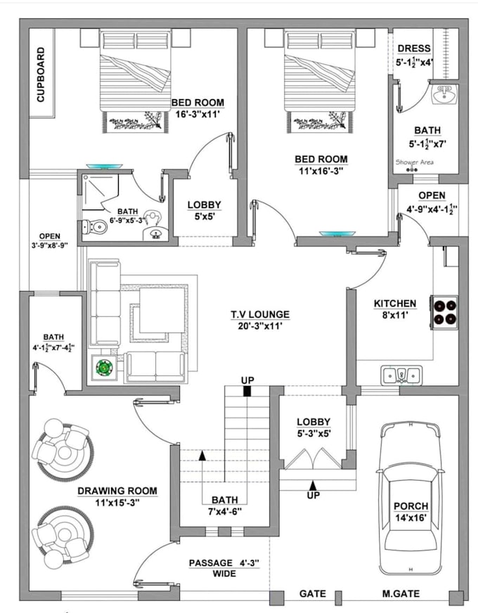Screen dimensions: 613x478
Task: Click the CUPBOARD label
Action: (x=41, y=75)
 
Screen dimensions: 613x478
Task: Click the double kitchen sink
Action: (x=402, y=375)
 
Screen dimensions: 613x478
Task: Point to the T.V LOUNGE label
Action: (x=259, y=314)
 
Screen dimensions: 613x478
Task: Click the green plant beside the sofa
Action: (x=104, y=367)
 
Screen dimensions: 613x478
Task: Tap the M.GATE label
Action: (x=401, y=594)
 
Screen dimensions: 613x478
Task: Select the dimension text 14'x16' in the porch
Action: (x=410, y=518)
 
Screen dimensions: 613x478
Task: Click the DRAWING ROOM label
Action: (x=117, y=491)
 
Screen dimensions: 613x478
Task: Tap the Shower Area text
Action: (x=414, y=162)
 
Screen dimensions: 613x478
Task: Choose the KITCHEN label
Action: (x=394, y=304)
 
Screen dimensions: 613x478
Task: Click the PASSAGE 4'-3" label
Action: (x=224, y=563)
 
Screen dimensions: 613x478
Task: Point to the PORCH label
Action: (x=411, y=505)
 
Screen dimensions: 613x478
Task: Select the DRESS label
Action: (x=414, y=49)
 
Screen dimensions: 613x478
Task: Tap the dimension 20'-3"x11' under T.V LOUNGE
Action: (x=259, y=327)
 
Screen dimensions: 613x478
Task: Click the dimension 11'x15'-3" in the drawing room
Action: (x=117, y=503)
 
